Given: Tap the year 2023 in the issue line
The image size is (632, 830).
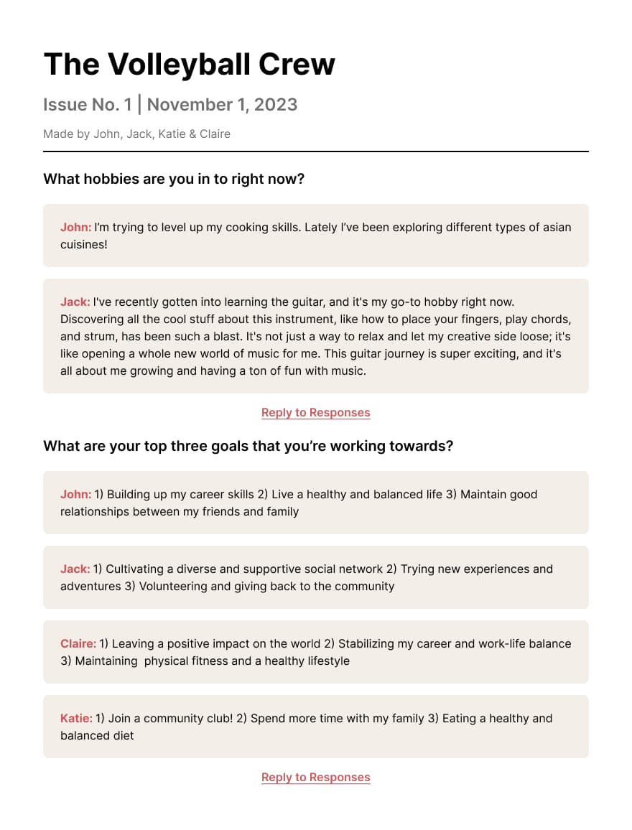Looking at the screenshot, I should point(274,105).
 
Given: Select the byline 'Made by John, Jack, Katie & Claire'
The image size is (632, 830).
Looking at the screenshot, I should point(136,134).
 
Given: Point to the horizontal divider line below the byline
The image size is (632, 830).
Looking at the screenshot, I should point(316,151).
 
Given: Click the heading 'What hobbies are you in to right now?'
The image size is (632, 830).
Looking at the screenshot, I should point(174,179).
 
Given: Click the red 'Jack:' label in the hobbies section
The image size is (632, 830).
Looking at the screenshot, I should point(75,302).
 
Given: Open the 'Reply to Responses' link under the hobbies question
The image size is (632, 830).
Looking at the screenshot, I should point(316,413).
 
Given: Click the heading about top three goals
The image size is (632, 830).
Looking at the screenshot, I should point(248,446).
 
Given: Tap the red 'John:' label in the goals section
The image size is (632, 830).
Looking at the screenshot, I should point(75,495).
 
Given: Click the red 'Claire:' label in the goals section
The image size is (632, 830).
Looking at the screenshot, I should point(78,644).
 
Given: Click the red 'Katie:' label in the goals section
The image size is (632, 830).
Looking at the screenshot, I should point(76,719).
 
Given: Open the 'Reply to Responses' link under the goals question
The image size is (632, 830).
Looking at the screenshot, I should point(316,778).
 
